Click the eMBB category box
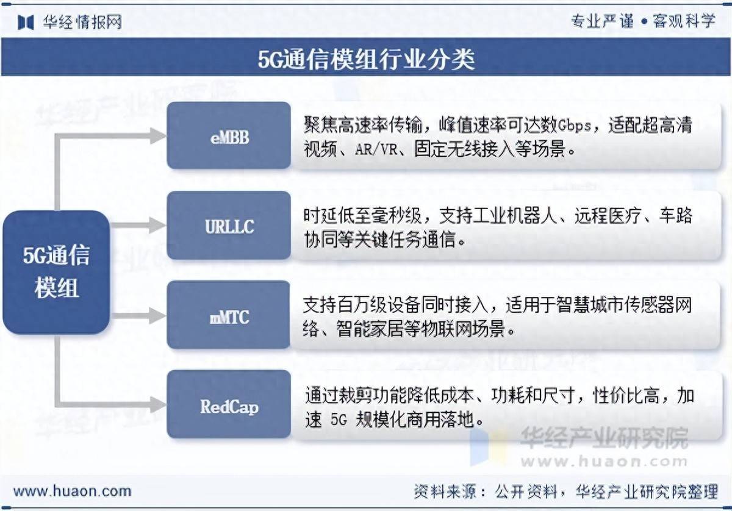point(229,135)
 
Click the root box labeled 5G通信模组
point(56,272)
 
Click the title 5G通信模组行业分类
point(366,60)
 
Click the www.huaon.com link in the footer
point(73,491)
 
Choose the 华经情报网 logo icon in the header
point(26,22)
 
